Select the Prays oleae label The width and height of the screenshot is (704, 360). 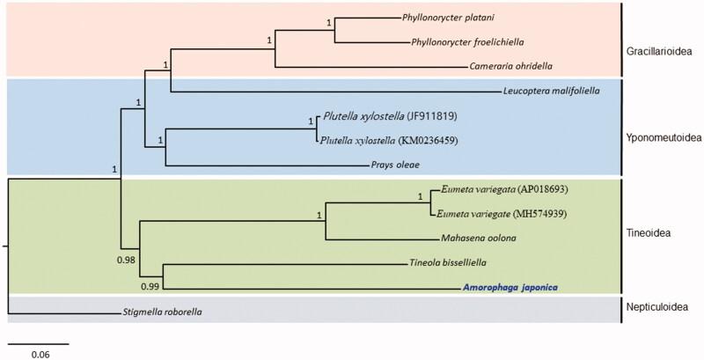(394, 165)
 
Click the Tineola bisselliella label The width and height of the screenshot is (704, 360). (449, 262)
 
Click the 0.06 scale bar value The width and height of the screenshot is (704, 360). (40, 354)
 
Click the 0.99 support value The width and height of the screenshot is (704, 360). (150, 285)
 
